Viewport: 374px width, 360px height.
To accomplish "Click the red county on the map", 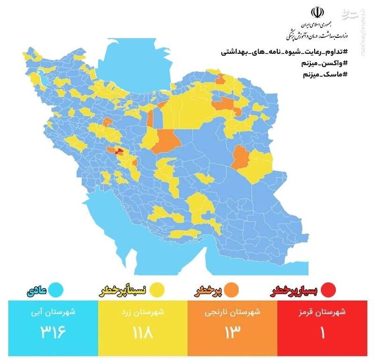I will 119,151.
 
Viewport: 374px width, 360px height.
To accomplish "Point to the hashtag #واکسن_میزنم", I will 327,64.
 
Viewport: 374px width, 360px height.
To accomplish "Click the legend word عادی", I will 37,291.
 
